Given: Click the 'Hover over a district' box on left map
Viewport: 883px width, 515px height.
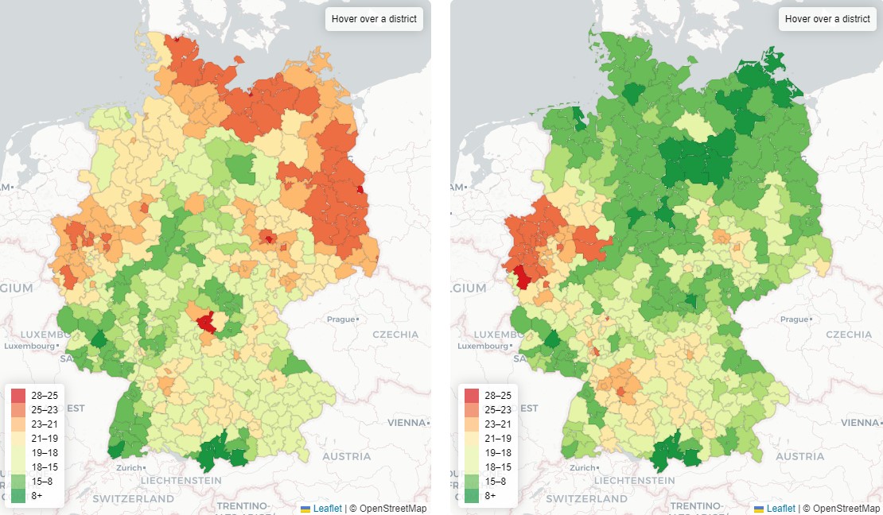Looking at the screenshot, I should pos(374,19).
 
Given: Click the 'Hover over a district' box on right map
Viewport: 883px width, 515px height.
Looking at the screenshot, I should pos(827,19).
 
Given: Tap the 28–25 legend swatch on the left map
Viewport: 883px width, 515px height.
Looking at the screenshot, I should pos(18,395).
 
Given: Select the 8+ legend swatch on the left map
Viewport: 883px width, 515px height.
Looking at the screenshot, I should pos(18,495).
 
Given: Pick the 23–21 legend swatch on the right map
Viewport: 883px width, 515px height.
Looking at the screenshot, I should pos(472,424).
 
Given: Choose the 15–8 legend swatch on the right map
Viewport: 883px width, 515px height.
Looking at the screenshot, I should pos(472,481).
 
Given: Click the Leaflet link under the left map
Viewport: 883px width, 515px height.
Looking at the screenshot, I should pos(327,508).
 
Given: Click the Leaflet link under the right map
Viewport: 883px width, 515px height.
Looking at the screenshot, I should pos(780,508).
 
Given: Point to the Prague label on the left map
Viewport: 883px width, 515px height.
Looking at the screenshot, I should pos(340,319).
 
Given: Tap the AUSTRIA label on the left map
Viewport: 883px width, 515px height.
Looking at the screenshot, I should pos(347,456).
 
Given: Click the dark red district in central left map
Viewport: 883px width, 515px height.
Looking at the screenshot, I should pos(207,322).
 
